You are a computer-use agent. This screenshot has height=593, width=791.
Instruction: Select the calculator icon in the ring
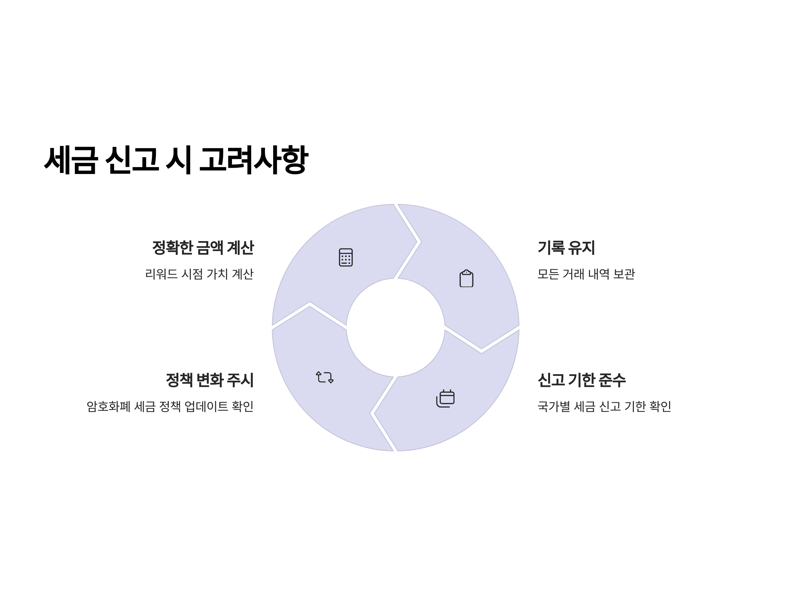click(345, 257)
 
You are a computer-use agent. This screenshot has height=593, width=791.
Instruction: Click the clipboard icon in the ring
click(466, 278)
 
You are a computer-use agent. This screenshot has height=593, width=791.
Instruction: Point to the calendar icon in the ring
click(445, 398)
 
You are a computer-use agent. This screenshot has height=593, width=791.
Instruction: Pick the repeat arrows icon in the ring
click(324, 378)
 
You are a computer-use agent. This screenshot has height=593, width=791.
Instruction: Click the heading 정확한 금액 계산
click(203, 248)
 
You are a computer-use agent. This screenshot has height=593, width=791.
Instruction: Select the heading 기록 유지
click(566, 248)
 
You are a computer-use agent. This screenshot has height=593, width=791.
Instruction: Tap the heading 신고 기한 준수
click(581, 380)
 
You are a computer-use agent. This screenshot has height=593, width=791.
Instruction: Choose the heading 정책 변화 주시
click(210, 380)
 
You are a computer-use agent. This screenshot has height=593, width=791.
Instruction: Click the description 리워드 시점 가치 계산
click(199, 274)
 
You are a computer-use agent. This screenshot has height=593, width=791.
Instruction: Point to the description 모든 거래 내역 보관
click(586, 274)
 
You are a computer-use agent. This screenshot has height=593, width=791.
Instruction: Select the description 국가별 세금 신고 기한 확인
click(604, 407)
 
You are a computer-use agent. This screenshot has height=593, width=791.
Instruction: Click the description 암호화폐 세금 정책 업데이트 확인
click(170, 407)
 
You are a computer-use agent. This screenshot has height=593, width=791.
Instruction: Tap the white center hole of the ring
click(395, 327)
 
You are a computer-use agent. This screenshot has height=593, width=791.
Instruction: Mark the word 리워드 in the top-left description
click(161, 274)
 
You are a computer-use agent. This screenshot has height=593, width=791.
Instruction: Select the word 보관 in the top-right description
click(624, 274)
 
